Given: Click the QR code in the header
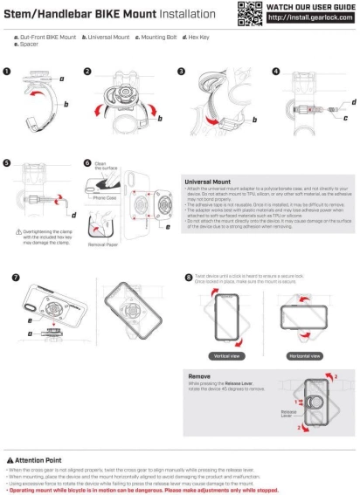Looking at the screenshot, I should pos(250,12).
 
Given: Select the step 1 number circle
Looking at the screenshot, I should pos(7,72).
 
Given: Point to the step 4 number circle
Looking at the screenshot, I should pos(276,72).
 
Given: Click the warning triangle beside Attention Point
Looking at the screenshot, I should pos(9,459).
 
